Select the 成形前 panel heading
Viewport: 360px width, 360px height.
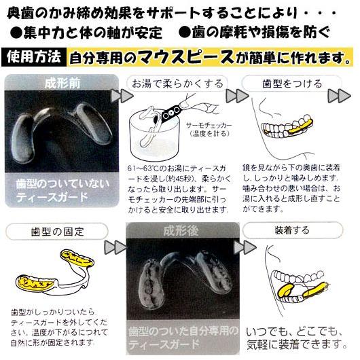pos(62,84)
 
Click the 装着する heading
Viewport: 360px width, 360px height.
pos(298,230)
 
